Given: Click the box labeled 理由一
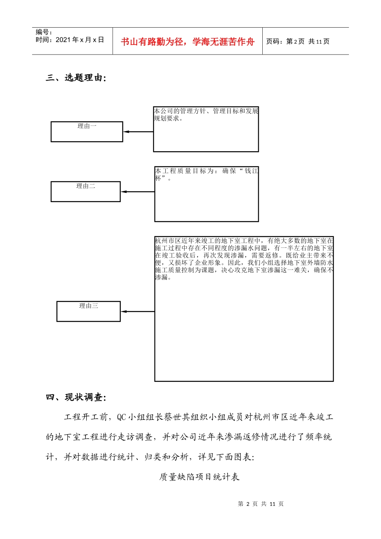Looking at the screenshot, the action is (x=87, y=132).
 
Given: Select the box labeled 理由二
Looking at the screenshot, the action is (x=85, y=191).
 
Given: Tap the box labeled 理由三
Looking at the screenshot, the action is (x=88, y=311).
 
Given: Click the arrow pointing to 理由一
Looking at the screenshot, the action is (x=138, y=132).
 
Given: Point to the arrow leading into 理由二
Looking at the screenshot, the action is (x=137, y=192).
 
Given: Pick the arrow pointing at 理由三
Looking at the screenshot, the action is (x=137, y=312).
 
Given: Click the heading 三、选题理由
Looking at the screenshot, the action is (x=76, y=78).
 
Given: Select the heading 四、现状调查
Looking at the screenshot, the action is (x=76, y=397).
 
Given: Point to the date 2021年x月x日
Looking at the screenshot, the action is (x=79, y=40).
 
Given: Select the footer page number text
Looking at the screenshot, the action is (x=261, y=504).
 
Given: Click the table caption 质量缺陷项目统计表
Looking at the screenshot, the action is (x=199, y=477).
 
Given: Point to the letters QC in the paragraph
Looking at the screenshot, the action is (x=122, y=417).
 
